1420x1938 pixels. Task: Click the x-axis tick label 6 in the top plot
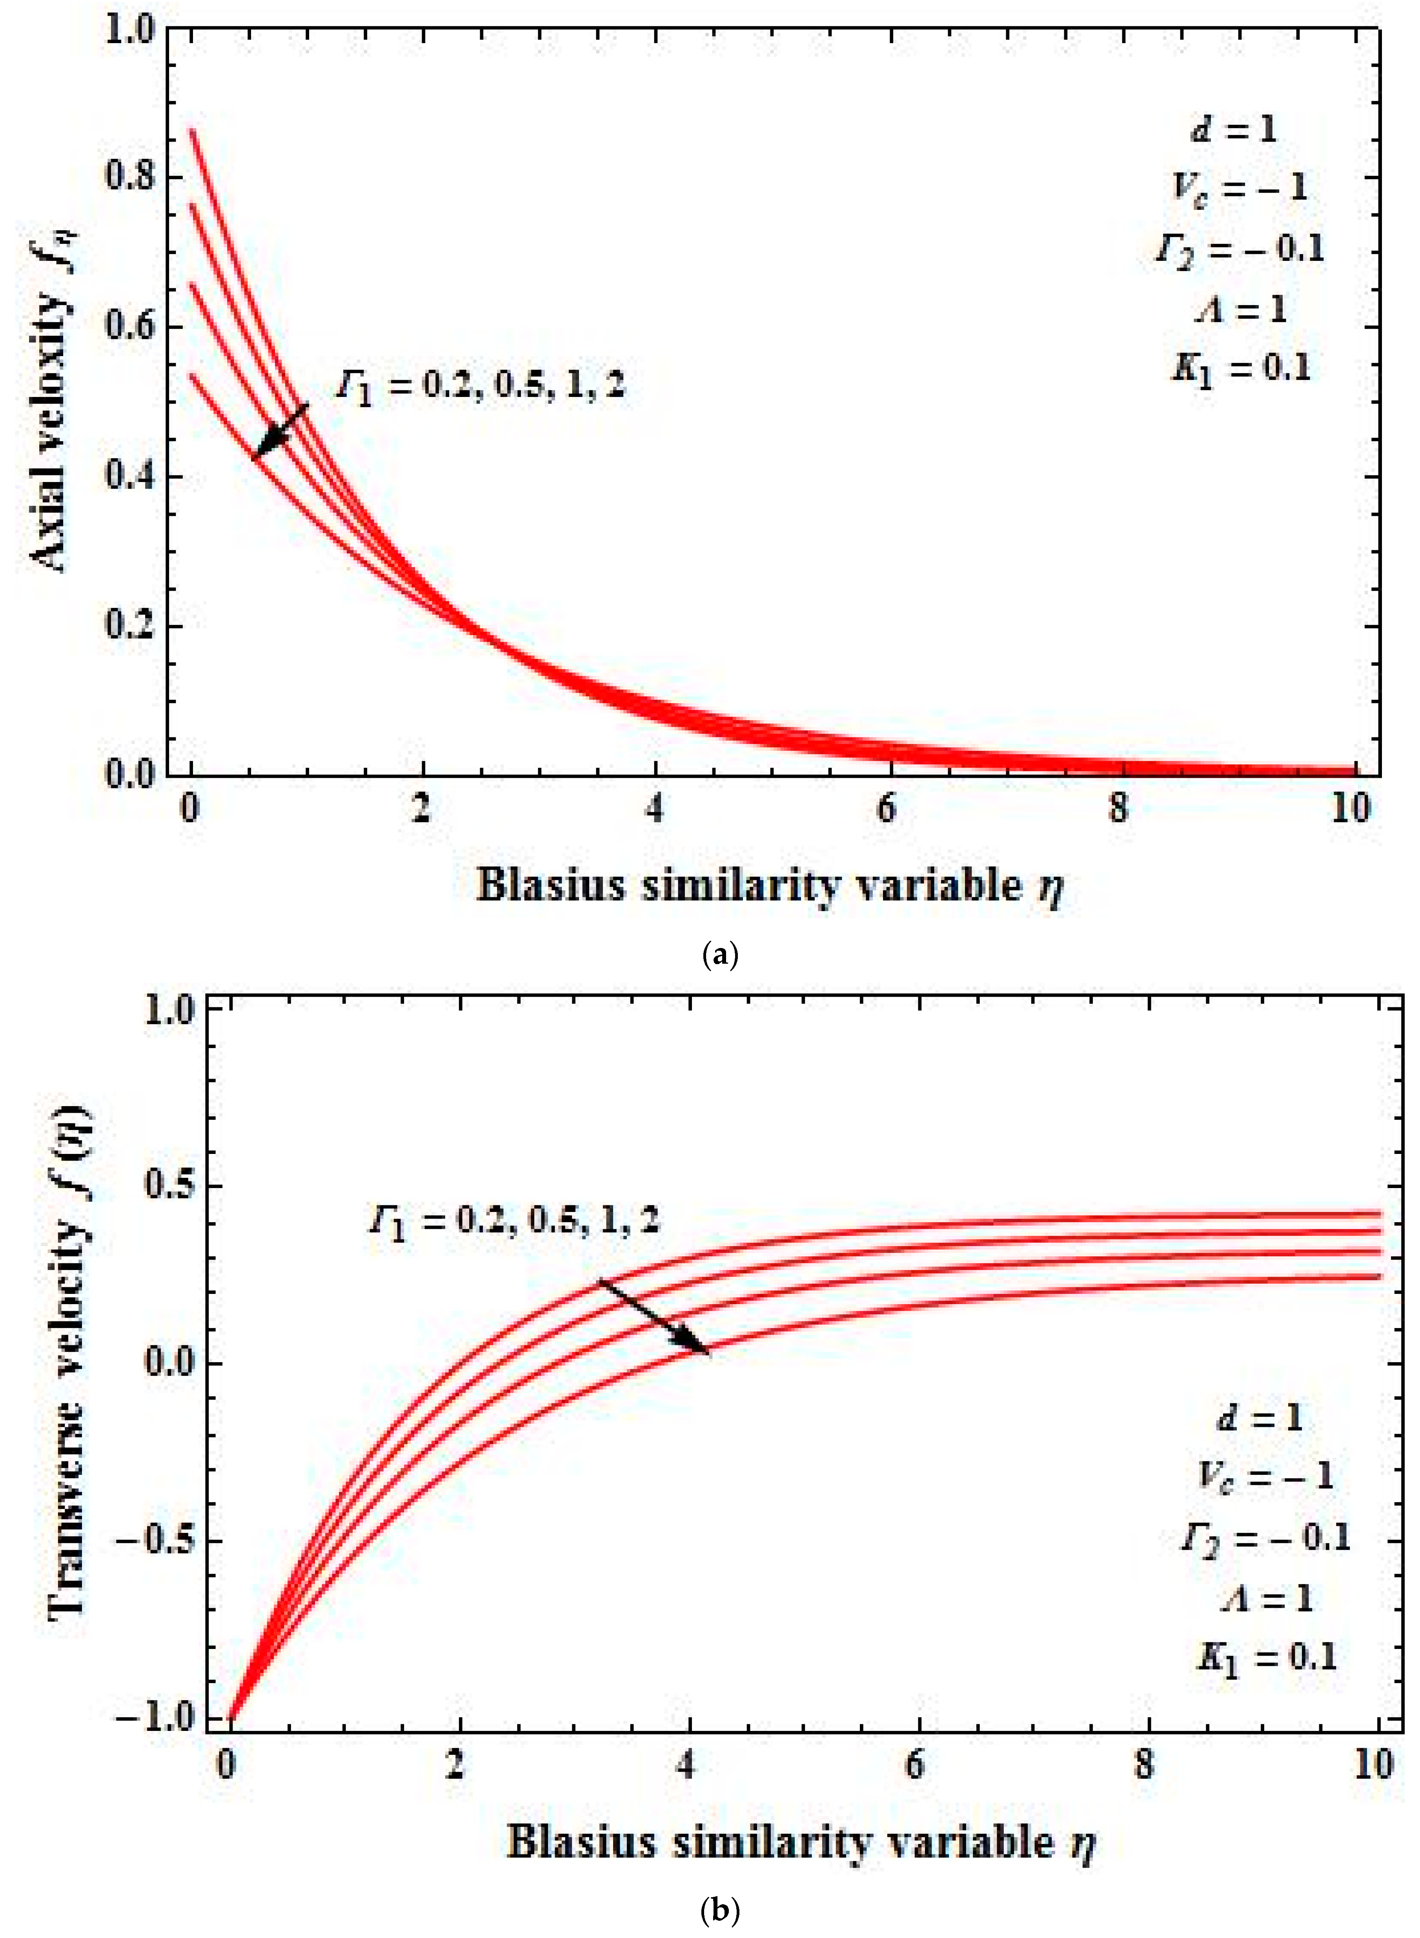click(886, 808)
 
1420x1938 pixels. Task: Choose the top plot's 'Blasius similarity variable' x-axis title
click(769, 885)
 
